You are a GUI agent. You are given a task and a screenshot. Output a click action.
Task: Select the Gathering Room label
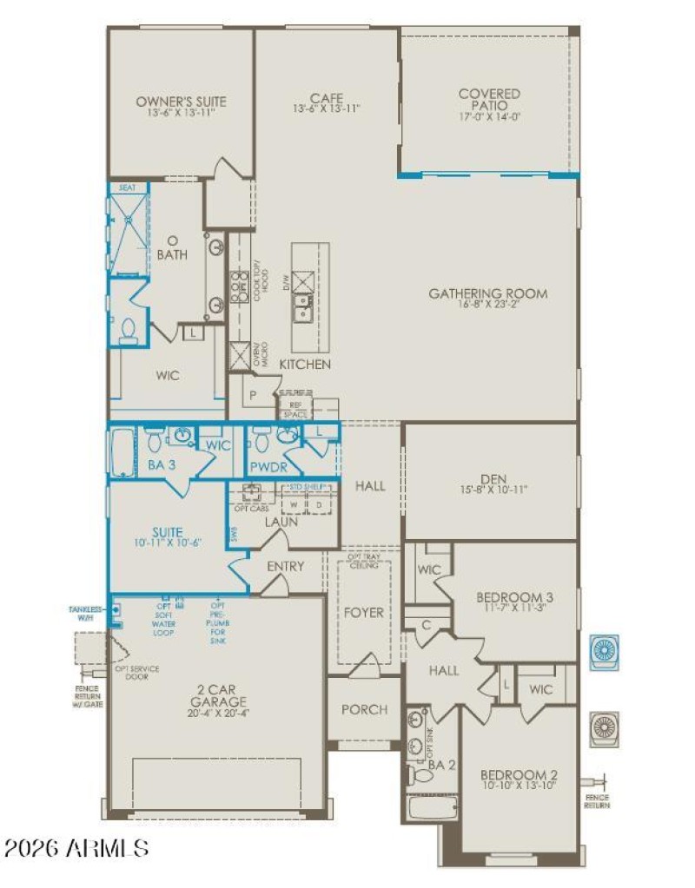[x=487, y=293]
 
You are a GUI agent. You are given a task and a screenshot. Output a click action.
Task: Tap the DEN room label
[x=491, y=477]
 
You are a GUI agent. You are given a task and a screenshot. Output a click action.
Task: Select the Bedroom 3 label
[x=515, y=597]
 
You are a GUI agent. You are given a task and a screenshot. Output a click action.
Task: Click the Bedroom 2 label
[x=519, y=775]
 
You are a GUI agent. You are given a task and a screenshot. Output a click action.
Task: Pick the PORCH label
[x=364, y=709]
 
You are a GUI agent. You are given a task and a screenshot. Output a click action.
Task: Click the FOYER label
[x=363, y=612]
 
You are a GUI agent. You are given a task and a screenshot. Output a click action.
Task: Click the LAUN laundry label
[x=281, y=522]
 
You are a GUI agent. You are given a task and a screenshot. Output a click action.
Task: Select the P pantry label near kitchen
[x=252, y=392]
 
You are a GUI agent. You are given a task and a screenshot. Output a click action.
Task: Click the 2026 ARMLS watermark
[x=76, y=847]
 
